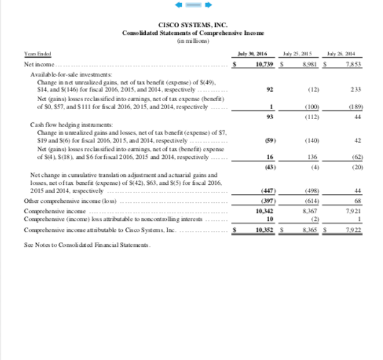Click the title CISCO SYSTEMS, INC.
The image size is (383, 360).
[x=191, y=25]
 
